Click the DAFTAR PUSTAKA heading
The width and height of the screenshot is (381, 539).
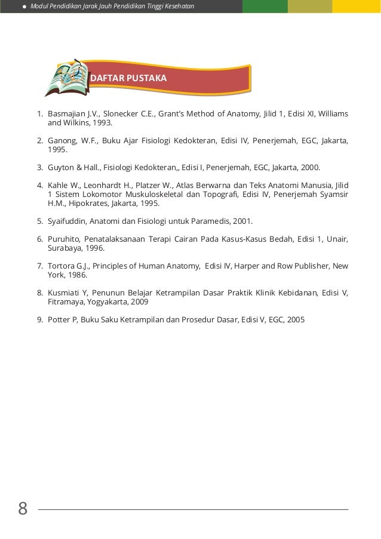128,78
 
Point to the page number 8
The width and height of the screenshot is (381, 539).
23,509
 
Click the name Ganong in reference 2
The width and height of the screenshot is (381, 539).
62,141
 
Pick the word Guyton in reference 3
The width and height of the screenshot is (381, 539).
60,168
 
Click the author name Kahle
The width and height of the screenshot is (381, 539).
58,186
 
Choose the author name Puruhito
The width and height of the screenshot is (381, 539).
63,239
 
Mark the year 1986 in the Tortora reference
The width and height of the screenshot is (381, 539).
77,275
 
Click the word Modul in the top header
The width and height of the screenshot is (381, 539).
40,6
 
